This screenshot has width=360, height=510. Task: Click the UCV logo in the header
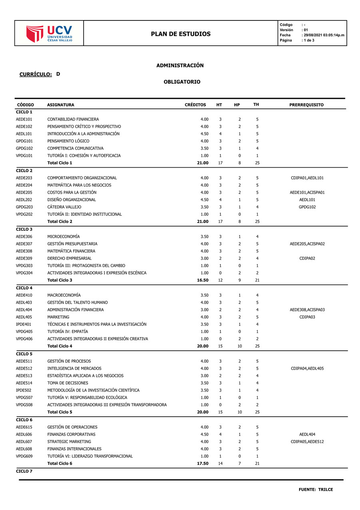[x=49, y=34]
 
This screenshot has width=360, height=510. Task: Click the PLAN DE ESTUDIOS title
[x=181, y=34]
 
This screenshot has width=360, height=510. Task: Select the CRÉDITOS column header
[x=195, y=105]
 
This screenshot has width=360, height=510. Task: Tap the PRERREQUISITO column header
[x=306, y=105]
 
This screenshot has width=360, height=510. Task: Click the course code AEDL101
[x=24, y=134]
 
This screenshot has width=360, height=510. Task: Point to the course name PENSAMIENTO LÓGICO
[x=68, y=141]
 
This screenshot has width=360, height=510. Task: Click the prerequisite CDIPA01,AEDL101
[x=307, y=178]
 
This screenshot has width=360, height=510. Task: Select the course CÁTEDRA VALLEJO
[x=64, y=207]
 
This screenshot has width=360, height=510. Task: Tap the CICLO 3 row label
[x=24, y=229]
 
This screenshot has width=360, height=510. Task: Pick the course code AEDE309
[x=24, y=258]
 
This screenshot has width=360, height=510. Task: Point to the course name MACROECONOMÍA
[x=64, y=295]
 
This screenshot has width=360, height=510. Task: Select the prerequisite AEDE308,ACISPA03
[x=307, y=310]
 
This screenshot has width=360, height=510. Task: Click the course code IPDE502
[x=24, y=390]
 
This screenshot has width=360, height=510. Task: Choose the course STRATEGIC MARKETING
[x=69, y=442]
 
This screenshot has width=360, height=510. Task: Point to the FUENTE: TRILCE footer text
[x=316, y=490]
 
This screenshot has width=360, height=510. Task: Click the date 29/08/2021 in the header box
[x=313, y=35]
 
